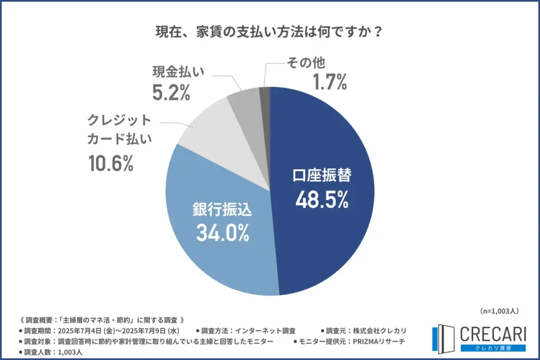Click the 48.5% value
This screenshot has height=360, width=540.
pyautogui.click(x=321, y=200)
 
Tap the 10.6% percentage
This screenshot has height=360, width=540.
pyautogui.click(x=110, y=164)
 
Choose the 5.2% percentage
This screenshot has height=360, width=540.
pyautogui.click(x=171, y=93)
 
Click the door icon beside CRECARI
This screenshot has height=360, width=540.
pyautogui.click(x=442, y=338)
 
